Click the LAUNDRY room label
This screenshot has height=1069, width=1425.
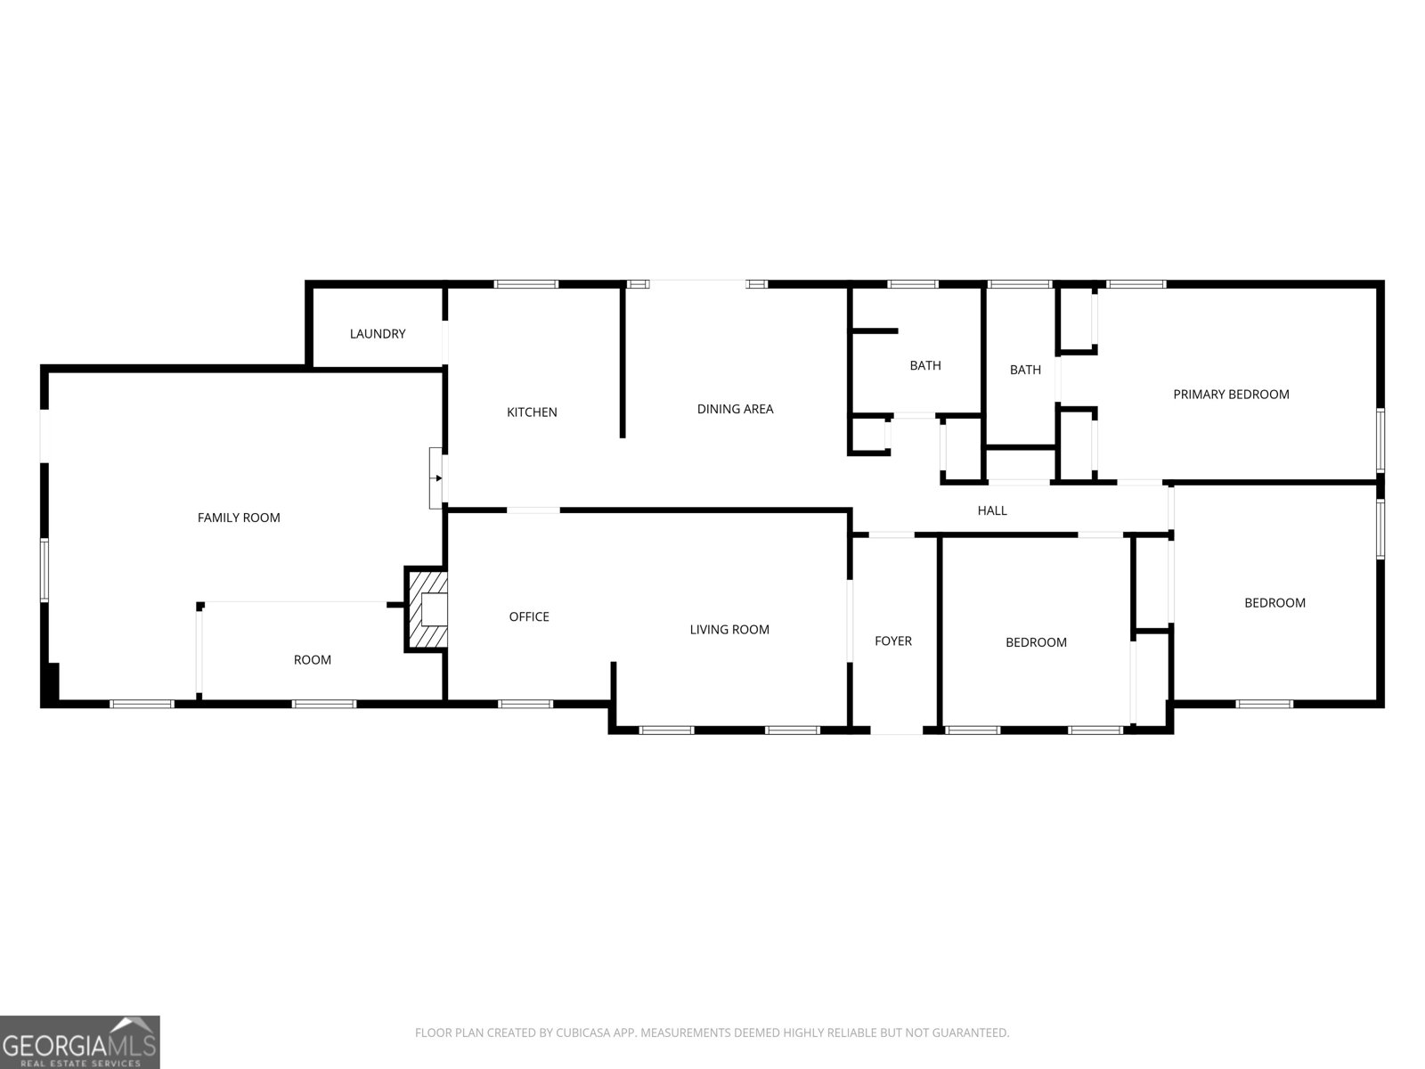click(x=378, y=334)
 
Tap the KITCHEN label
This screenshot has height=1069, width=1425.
click(x=532, y=412)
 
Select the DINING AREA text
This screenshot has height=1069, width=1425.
click(x=735, y=409)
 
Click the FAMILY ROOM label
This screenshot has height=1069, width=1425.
click(x=239, y=518)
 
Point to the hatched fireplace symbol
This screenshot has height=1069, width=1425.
click(x=427, y=610)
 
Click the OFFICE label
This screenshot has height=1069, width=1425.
click(x=529, y=616)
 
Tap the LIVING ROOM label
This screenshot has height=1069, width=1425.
click(x=729, y=630)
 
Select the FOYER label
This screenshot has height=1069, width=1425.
click(x=893, y=641)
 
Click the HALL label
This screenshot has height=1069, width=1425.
click(x=992, y=510)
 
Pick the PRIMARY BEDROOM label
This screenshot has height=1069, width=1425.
click(x=1231, y=395)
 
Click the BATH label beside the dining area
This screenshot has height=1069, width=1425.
click(x=925, y=365)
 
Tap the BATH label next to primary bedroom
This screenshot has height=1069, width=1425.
click(x=1025, y=370)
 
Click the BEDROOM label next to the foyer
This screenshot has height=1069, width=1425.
click(x=1036, y=642)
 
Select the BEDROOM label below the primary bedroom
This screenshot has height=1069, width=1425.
click(x=1274, y=603)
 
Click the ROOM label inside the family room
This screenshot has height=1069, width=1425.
click(x=313, y=660)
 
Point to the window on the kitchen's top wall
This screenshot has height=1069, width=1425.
click(x=526, y=284)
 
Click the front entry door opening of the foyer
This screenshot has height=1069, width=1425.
click(x=896, y=730)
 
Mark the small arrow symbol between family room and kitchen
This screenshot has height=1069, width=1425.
click(x=437, y=478)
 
